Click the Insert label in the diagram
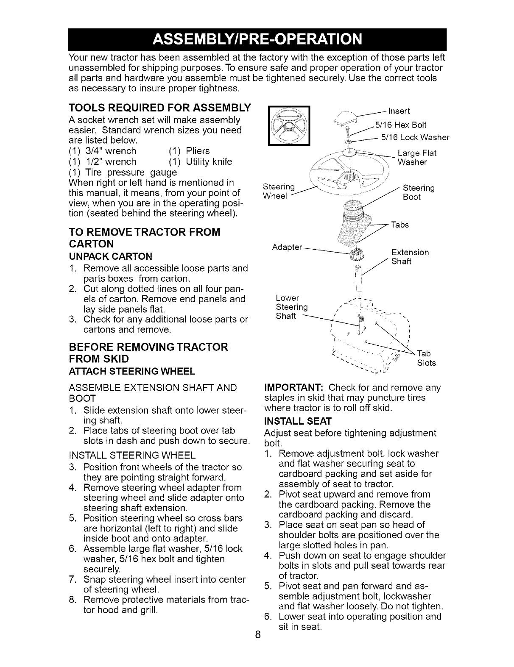coord(398,111)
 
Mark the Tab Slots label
coord(426,359)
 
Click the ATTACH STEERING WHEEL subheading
coord(131,371)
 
